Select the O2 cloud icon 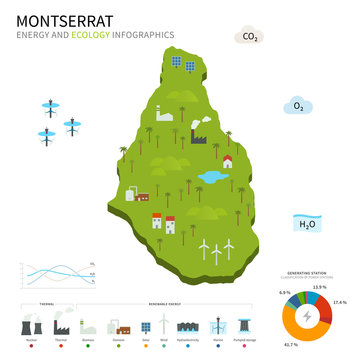tap(296, 106)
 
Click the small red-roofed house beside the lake tap(228, 160)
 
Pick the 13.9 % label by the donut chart tap(319, 287)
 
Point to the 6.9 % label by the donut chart tap(284, 292)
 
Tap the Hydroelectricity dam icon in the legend tap(187, 326)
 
